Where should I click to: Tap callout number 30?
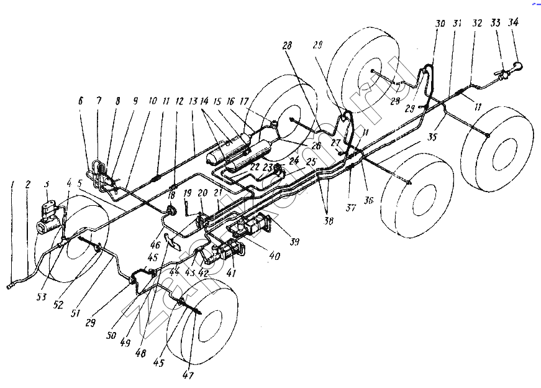(440, 24)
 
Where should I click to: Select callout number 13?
(193, 101)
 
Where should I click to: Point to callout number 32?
(477, 22)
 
